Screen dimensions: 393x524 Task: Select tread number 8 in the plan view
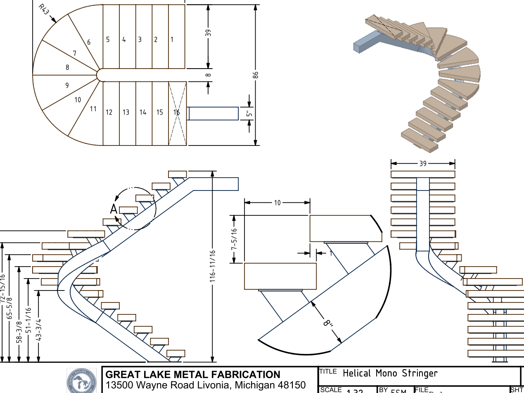point(67,67)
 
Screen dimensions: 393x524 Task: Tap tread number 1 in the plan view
point(172,40)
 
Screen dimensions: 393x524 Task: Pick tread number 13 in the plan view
point(126,112)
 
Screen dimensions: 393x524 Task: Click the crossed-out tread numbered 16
point(177,112)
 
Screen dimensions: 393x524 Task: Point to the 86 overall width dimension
point(256,75)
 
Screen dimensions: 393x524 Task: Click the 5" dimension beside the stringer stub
point(249,114)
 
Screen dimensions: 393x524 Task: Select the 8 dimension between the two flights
point(209,75)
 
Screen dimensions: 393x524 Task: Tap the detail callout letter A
point(114,209)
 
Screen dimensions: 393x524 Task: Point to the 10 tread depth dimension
point(277,202)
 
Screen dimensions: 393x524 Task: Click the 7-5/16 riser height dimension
point(234,239)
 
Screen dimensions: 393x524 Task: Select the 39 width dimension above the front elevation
point(423,164)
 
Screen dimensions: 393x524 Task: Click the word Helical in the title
point(357,374)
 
